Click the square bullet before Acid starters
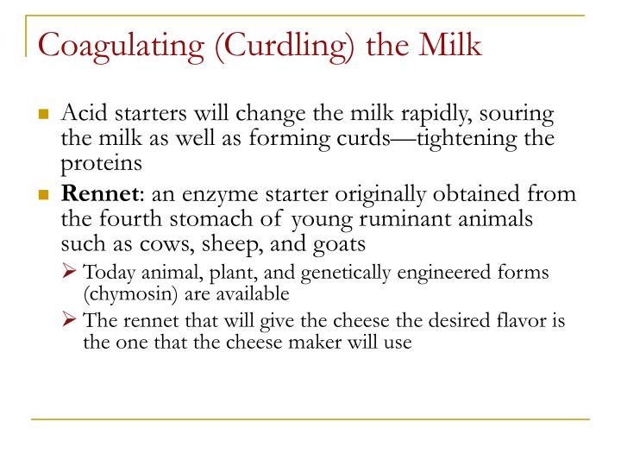(44, 114)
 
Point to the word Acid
(85, 112)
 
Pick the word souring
(517, 115)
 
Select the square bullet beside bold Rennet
(44, 194)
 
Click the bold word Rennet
(100, 194)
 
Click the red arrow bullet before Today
(69, 271)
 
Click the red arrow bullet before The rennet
(69, 319)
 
